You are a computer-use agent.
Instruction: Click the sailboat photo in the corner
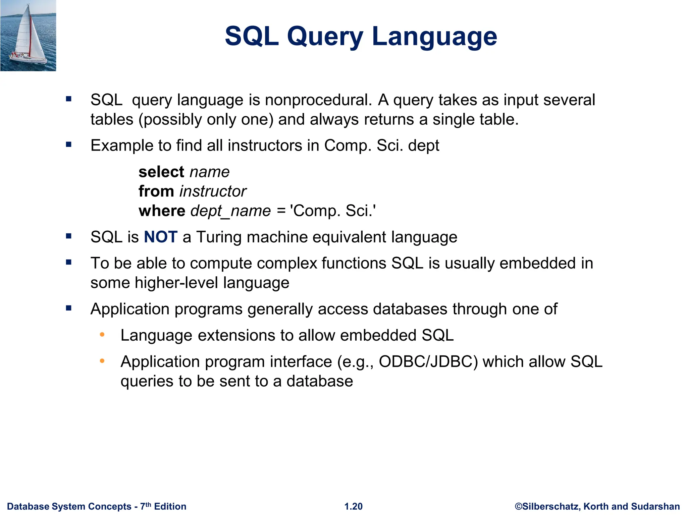[x=28, y=36]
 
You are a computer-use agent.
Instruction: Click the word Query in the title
[x=325, y=37]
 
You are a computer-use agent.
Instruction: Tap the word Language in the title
[x=434, y=37]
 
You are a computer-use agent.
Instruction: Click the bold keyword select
[x=161, y=172]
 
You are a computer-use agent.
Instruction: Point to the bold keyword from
[x=156, y=191]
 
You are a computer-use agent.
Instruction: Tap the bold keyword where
[x=162, y=211]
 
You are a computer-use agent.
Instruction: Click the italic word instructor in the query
[x=213, y=191]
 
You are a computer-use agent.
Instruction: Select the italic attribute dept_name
[x=230, y=211]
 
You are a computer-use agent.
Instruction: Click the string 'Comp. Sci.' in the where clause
[x=333, y=211]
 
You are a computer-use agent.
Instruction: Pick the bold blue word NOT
[x=161, y=237]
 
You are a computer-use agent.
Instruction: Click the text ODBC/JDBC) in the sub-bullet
[x=428, y=362]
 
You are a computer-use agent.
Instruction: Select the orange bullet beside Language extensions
[x=102, y=335]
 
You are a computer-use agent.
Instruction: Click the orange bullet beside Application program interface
[x=102, y=361]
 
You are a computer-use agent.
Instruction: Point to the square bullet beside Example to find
[x=69, y=145]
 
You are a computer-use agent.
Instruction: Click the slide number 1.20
[x=353, y=506]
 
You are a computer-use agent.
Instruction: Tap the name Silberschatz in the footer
[x=550, y=506]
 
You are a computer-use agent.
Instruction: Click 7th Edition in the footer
[x=163, y=506]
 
